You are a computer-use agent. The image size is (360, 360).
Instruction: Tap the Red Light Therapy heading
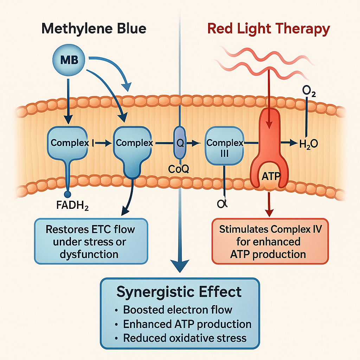click(269, 28)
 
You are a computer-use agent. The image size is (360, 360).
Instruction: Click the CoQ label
click(179, 169)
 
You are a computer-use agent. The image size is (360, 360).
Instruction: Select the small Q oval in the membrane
click(179, 143)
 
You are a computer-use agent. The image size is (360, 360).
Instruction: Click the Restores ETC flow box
click(90, 242)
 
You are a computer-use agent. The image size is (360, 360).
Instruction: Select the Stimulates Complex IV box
click(270, 242)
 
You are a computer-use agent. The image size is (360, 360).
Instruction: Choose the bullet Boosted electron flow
click(178, 310)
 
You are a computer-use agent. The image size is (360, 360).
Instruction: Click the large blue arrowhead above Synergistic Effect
click(179, 265)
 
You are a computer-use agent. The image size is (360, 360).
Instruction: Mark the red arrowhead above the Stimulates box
click(269, 213)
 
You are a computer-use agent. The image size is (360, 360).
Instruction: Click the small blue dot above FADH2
click(68, 194)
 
